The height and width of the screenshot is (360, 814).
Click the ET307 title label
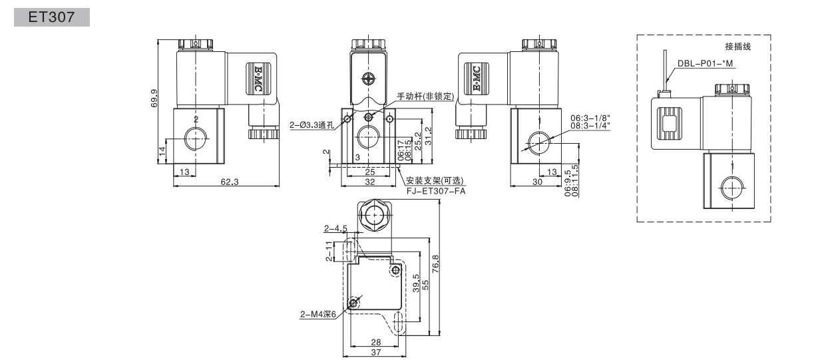[51, 17]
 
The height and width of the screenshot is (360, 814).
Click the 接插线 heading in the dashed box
[738, 47]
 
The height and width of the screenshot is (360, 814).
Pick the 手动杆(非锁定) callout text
[425, 96]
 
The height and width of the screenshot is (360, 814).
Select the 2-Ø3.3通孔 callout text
[313, 125]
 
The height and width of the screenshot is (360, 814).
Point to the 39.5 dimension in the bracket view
[417, 283]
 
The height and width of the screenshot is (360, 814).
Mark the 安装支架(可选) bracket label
[435, 180]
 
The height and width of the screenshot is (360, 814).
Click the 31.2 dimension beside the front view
[429, 136]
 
